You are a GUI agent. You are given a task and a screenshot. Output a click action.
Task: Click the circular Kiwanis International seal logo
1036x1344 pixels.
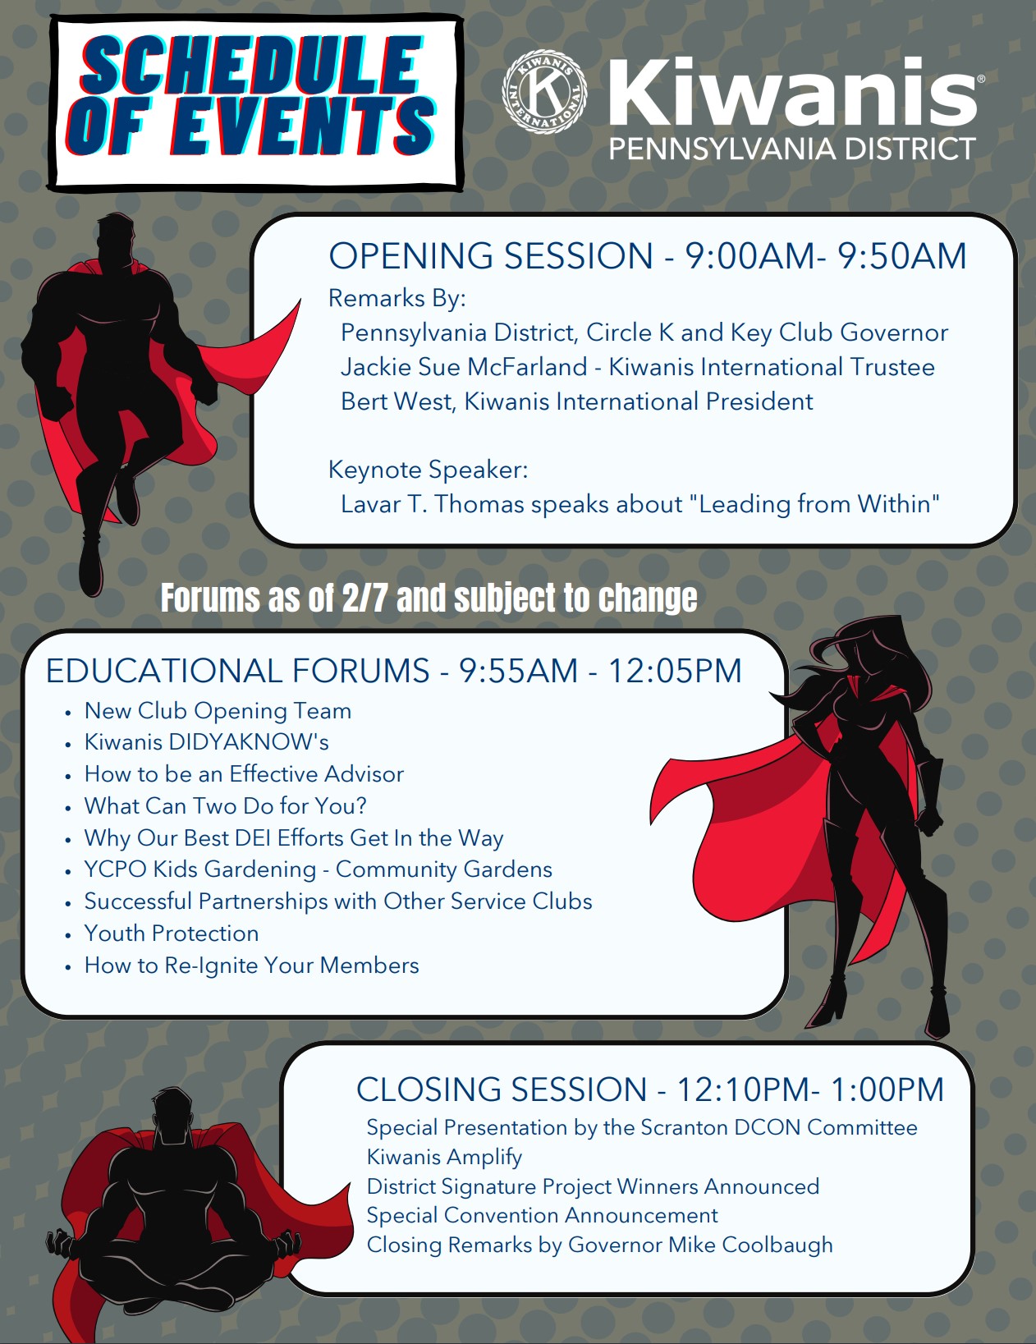[544, 92]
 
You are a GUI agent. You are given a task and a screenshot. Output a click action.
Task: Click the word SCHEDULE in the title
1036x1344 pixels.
[250, 65]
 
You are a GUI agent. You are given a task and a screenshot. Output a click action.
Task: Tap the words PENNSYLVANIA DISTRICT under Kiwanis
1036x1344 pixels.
[792, 149]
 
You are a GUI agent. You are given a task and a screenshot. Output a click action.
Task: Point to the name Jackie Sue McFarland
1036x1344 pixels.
[464, 367]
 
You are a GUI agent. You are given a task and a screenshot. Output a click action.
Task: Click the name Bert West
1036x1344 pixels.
[397, 401]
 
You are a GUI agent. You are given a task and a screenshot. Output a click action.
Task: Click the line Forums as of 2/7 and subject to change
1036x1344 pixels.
[429, 598]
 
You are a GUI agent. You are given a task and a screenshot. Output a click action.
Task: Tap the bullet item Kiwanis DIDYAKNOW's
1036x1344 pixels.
[206, 741]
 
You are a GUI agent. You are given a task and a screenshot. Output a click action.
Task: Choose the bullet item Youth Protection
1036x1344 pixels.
[172, 933]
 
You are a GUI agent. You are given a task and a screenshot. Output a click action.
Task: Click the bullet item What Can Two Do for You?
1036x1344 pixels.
[226, 806]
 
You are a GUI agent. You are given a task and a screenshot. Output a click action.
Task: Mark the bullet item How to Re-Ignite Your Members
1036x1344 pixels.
[251, 966]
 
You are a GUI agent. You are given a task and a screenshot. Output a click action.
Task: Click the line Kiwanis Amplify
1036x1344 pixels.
[444, 1157]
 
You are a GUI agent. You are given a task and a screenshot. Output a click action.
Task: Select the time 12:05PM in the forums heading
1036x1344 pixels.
[675, 671]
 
